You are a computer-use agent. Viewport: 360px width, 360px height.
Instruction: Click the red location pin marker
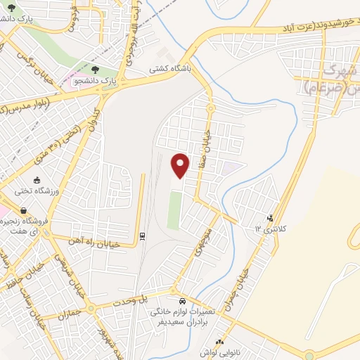pyautogui.click(x=181, y=165)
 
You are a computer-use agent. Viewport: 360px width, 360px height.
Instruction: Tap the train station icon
pyautogui.click(x=142, y=236)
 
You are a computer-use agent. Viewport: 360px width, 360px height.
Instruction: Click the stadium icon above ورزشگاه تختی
pyautogui.click(x=37, y=180)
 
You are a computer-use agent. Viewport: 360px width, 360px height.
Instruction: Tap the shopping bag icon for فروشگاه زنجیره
pyautogui.click(x=25, y=210)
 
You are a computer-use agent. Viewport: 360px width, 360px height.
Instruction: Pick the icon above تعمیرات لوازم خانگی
pyautogui.click(x=181, y=300)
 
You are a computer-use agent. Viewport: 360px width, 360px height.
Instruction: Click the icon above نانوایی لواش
pyautogui.click(x=219, y=342)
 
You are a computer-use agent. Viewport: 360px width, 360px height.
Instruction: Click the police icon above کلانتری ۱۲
pyautogui.click(x=271, y=218)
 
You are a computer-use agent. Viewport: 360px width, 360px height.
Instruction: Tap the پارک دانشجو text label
pyautogui.click(x=96, y=82)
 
